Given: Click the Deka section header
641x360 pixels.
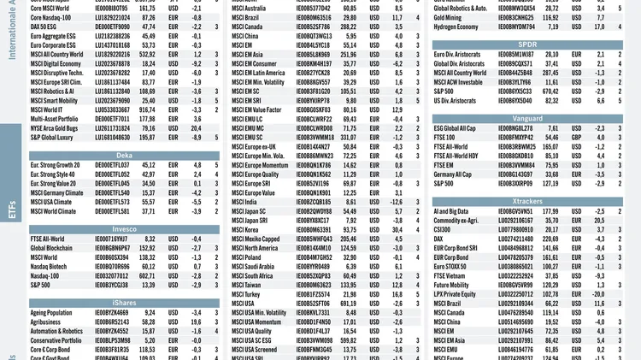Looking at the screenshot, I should point(125,156).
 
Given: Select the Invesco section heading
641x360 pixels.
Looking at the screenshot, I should point(125,228).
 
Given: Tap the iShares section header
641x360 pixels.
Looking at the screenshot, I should point(125,302).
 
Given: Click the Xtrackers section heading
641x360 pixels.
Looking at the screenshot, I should point(528,199).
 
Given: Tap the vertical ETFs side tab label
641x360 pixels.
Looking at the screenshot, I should point(11,211).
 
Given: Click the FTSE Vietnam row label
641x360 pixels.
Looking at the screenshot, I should point(450,275).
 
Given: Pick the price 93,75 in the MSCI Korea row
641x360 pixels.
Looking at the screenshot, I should point(347,229).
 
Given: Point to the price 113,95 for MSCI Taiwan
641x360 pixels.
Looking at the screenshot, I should point(347,285).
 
